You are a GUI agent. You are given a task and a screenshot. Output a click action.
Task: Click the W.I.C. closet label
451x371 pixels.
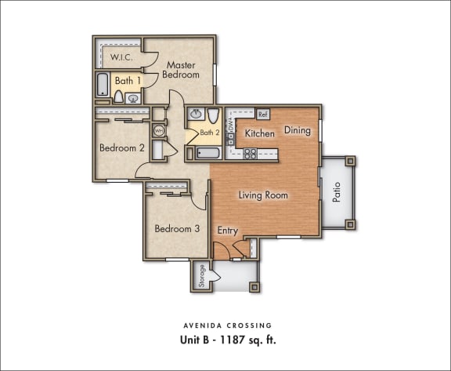pos(120,57)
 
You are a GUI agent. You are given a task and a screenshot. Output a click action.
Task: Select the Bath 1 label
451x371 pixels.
pos(128,80)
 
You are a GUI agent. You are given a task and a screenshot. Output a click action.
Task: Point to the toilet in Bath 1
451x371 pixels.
pos(119,97)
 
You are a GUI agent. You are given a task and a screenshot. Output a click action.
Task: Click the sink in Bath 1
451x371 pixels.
pos(134,98)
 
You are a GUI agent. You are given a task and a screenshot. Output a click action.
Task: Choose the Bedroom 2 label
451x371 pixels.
pos(121,147)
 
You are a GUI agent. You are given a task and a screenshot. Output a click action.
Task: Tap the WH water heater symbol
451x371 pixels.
pos(160,130)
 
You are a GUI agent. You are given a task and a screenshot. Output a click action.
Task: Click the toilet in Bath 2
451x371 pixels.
pos(212,115)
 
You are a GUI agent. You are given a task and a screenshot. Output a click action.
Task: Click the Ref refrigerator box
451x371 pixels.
pos(263,115)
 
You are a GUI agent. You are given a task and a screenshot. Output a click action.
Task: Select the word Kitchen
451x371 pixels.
pos(260,133)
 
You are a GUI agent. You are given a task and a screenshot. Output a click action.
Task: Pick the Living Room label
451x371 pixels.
pos(263,195)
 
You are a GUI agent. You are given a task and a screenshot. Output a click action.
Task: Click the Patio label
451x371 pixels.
pos(337,192)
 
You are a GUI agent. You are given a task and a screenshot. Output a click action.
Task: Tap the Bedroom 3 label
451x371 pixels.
pos(176,229)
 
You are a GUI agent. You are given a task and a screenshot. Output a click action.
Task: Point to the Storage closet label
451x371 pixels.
pos(201,276)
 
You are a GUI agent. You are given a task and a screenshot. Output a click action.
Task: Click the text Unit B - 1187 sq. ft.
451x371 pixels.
pos(225,341)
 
